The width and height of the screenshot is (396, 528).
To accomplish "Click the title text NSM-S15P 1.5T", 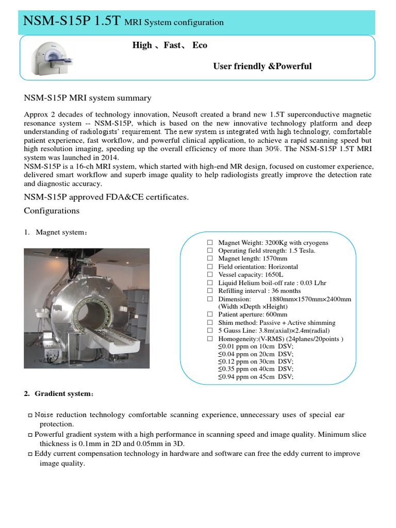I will [72, 21].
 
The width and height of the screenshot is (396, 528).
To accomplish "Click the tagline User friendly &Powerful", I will [262, 67].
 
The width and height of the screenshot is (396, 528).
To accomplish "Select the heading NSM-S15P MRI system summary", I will [88, 98].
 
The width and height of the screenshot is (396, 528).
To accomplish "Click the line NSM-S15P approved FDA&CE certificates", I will [106, 197].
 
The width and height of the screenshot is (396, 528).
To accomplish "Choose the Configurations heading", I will [52, 211].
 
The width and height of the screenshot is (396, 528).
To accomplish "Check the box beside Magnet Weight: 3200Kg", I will [210, 242].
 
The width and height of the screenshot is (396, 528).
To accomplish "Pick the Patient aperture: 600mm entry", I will [253, 315].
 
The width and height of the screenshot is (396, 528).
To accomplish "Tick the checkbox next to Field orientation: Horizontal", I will [210, 267].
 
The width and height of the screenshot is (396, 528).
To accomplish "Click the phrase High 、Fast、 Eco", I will [170, 45].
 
